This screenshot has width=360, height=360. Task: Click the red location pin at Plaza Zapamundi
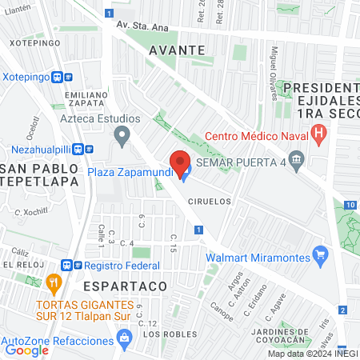click(180, 159)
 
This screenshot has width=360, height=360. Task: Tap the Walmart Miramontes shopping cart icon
click(321, 256)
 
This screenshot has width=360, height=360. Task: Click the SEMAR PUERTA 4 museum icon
click(297, 163)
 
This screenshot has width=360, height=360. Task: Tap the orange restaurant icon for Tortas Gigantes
click(54, 282)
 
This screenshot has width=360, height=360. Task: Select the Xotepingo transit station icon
click(62, 77)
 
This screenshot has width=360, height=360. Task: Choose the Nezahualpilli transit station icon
click(82, 148)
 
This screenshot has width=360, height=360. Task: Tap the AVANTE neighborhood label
click(174, 50)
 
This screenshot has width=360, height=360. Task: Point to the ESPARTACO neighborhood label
click(124, 285)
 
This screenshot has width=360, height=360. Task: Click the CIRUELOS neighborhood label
click(211, 202)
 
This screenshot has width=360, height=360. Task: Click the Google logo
click(26, 349)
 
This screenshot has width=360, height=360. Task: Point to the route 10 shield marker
click(350, 205)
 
